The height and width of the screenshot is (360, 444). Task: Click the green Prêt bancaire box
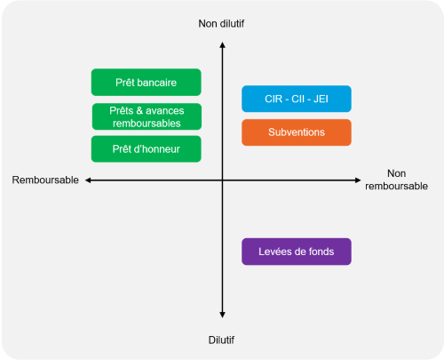coord(147,83)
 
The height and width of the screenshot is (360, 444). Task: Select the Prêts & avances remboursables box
coord(147,116)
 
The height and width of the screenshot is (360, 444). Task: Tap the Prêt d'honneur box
coord(147,149)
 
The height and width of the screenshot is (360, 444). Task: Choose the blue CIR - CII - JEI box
coord(297,99)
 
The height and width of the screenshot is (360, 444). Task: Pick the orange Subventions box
coord(297,132)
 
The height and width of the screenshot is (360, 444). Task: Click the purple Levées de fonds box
coord(297,252)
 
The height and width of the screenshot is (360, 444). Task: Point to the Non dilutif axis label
coord(221,24)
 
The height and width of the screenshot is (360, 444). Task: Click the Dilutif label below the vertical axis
coord(221,340)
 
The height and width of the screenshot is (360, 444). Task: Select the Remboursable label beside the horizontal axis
coord(45,180)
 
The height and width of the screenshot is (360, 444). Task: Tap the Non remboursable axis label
coord(396,180)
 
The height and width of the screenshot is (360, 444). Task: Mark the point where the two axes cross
coord(222,180)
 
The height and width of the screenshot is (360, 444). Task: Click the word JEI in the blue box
coord(321,99)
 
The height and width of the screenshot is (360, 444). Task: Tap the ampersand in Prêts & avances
coord(139,111)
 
